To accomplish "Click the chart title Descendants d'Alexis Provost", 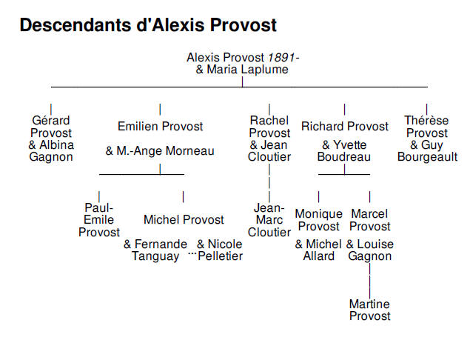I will coord(148,25).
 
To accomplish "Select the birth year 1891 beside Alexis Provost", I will coord(282,57).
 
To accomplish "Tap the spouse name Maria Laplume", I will coord(242,70).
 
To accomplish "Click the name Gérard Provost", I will coord(51,127).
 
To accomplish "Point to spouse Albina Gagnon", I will coord(52,151).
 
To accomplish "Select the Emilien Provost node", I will coord(160,127).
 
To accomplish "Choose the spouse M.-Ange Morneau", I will coord(160,151).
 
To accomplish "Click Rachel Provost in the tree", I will coord(269,127).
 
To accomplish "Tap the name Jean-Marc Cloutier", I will coord(269,220).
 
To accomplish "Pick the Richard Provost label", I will coord(344,127).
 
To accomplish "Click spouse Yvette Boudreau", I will coord(344,151).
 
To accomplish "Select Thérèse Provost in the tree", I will coord(426,127).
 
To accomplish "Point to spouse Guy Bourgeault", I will coord(427,151).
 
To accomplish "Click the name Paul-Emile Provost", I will coord(99,220).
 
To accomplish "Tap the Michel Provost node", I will coord(184,220).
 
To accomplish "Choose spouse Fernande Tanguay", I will coord(155,250).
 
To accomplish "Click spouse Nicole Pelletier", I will coord(220,250).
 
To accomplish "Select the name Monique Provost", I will coord(318,220).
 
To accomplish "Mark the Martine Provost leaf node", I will coord(369,310).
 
